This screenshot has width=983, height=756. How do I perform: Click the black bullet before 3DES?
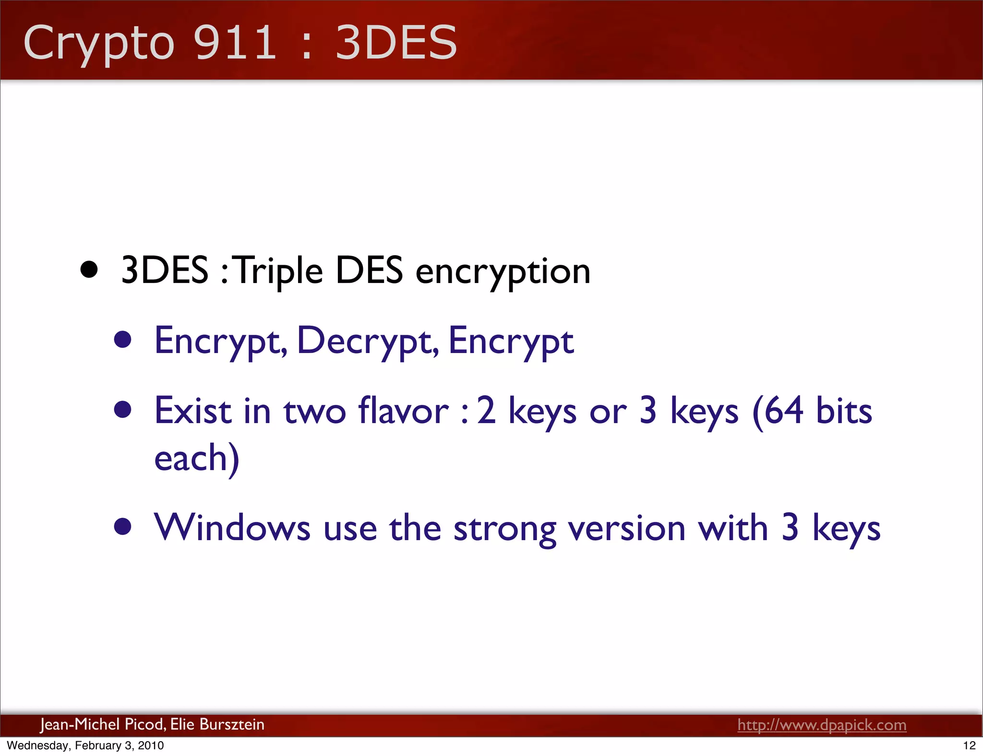(89, 270)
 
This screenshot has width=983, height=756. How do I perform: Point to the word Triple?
(279, 271)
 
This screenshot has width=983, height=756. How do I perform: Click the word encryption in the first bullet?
(503, 272)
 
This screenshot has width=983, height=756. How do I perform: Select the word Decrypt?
(368, 341)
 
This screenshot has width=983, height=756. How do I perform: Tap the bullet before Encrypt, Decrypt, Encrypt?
(123, 340)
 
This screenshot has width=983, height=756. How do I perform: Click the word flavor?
(403, 411)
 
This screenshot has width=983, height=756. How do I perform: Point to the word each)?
(196, 458)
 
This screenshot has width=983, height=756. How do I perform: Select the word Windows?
(232, 528)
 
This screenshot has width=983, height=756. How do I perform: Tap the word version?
(627, 528)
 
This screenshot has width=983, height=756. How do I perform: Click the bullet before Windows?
(123, 526)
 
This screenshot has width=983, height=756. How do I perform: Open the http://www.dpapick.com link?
(822, 724)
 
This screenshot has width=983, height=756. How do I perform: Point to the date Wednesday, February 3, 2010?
(85, 745)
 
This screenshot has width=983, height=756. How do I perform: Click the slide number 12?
(969, 745)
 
